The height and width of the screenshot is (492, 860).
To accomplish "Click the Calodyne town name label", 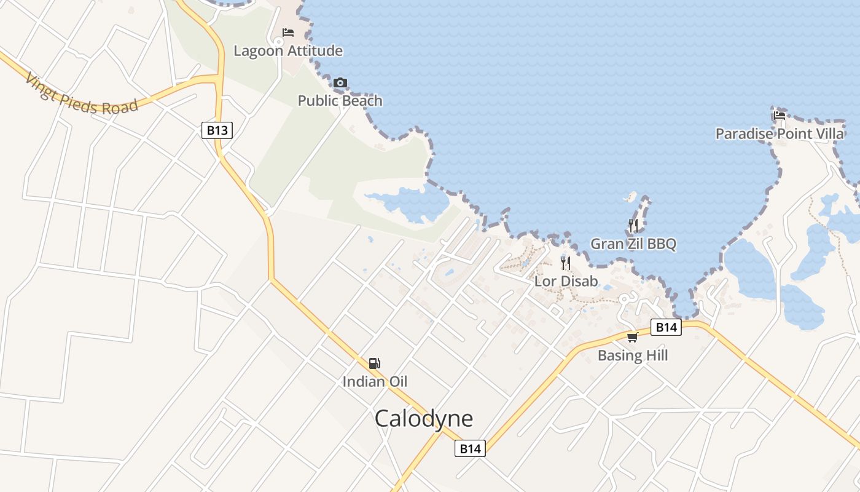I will point(424,419).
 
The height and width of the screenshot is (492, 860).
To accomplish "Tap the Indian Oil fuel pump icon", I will point(375,363).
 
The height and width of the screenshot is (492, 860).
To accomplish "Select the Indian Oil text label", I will point(375,381).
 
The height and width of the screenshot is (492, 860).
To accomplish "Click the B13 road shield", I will point(217,130).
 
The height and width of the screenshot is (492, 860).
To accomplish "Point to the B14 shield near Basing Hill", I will point(666,327).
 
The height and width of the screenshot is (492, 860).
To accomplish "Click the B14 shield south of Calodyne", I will point(471,448).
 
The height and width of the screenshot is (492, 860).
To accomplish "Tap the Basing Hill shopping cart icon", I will point(632,337).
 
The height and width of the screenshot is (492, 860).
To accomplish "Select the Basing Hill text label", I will point(633,355).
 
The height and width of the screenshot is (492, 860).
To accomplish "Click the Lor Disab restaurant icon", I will point(566,263).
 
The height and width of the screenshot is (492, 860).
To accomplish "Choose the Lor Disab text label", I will point(566,282).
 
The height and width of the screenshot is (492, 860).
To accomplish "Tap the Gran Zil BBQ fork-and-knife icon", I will point(633,225).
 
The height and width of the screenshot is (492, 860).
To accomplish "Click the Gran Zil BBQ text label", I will point(633,244).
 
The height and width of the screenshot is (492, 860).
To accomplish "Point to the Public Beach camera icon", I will point(340,82).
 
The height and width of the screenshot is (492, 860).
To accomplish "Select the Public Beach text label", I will point(340,101).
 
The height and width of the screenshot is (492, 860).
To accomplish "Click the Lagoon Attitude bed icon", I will point(287,33).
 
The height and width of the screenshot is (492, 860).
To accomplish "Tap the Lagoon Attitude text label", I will point(287,51).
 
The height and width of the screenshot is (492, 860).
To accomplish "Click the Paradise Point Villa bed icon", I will point(780,115).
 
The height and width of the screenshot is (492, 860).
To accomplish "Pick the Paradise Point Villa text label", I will point(780,133).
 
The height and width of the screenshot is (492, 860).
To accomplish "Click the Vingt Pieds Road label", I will point(82,94).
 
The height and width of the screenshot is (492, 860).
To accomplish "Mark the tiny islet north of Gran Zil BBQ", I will point(631,197).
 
